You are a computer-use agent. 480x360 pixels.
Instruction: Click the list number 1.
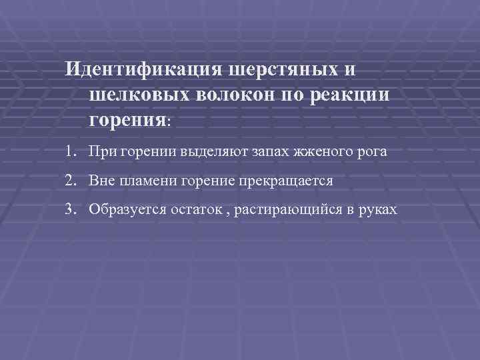coord(70,151)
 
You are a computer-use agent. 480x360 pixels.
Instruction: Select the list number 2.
coord(70,180)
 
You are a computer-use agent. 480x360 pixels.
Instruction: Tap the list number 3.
coord(70,209)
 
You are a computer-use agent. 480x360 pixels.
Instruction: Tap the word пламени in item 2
coord(148,181)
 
